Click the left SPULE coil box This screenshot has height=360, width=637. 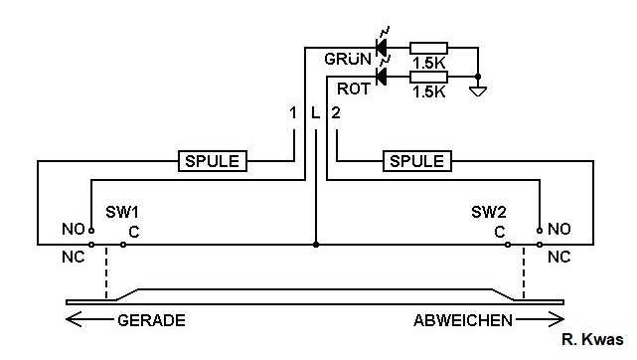click(x=213, y=161)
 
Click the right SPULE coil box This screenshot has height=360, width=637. click(x=417, y=161)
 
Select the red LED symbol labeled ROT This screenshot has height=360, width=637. click(x=381, y=76)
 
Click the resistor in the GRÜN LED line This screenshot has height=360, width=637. click(x=428, y=48)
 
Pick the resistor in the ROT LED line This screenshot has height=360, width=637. click(x=428, y=77)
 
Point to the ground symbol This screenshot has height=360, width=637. click(x=478, y=91)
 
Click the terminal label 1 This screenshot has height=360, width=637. click(x=292, y=113)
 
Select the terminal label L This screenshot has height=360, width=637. click(x=316, y=113)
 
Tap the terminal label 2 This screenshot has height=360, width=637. click(x=336, y=113)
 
